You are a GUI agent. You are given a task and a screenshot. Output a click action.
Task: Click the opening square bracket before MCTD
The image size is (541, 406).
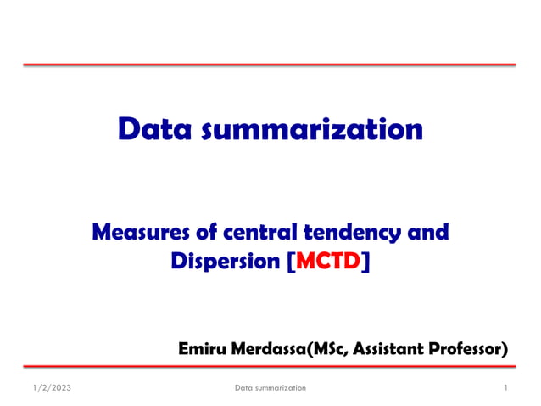pos(293,262)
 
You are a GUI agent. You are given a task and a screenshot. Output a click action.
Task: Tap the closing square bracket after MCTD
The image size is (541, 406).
pos(366,262)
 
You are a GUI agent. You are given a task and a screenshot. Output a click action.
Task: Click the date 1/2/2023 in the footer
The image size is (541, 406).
pos(44,388)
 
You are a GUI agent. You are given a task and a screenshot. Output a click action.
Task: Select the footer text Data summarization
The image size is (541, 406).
pos(270,388)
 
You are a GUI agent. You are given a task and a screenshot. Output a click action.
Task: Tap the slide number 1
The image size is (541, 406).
pos(505,388)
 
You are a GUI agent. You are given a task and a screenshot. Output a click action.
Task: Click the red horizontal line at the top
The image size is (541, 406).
pos(270,65)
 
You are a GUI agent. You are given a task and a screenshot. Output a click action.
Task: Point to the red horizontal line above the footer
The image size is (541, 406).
pos(270,366)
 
